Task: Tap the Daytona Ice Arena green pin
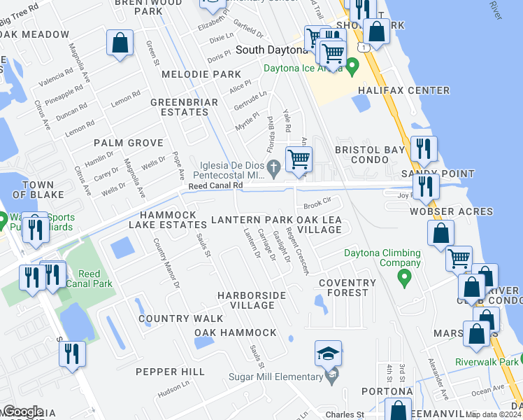coord(353,68)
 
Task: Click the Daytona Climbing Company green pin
coord(403,279)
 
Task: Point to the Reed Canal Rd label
coord(215,185)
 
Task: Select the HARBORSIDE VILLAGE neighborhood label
coord(252,300)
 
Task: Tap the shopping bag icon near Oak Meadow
coord(120,43)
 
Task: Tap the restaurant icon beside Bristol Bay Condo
coord(424,149)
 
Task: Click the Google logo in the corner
coord(22,412)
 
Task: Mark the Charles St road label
coord(345,414)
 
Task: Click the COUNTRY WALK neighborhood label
coord(171,318)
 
